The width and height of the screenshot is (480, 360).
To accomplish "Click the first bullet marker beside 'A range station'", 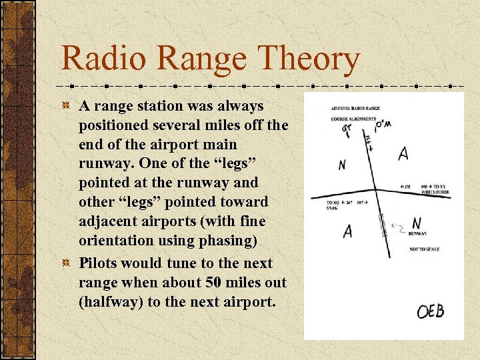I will pyautogui.click(x=66, y=106).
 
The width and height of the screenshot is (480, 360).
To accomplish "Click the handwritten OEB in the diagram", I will pyautogui.click(x=431, y=311).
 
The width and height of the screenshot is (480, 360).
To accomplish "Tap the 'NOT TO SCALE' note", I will pyautogui.click(x=424, y=249).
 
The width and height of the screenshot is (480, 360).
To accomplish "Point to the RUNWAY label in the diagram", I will pyautogui.click(x=417, y=234).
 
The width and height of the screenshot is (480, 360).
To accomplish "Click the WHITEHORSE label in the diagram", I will pyautogui.click(x=435, y=192).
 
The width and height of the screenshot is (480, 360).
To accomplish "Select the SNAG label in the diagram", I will pyautogui.click(x=333, y=208).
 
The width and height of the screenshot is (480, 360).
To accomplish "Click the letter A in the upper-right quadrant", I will pyautogui.click(x=403, y=154).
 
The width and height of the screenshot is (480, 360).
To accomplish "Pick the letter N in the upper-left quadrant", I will pyautogui.click(x=341, y=165).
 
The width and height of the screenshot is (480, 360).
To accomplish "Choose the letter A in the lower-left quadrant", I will pyautogui.click(x=347, y=231).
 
